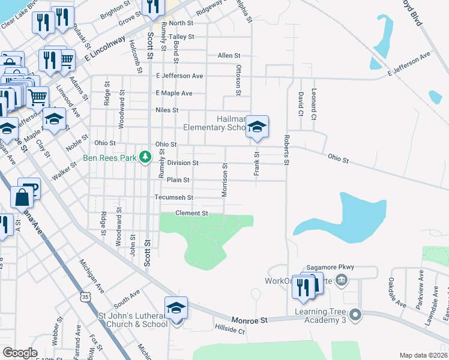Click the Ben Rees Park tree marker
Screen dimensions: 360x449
pyautogui.click(x=145, y=157)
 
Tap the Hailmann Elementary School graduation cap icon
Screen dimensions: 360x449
pyautogui.click(x=257, y=126)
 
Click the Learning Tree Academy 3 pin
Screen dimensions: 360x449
pyautogui.click(x=356, y=314)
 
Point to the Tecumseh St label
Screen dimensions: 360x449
pyautogui.click(x=173, y=197)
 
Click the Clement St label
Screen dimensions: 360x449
pyautogui.click(x=191, y=213)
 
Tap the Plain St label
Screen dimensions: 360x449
pyautogui.click(x=178, y=179)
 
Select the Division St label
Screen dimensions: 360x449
pyautogui.click(x=182, y=163)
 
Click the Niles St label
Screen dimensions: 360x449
pyautogui.click(x=167, y=110)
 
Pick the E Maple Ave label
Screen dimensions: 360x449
pyautogui.click(x=174, y=93)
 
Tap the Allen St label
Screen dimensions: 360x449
pyautogui.click(x=229, y=55)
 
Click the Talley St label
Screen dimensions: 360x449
pyautogui.click(x=181, y=37)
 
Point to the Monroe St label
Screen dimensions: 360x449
pyautogui.click(x=247, y=321)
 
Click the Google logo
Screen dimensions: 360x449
pyautogui.click(x=20, y=353)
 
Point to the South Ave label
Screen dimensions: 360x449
pyautogui.click(x=126, y=295)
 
